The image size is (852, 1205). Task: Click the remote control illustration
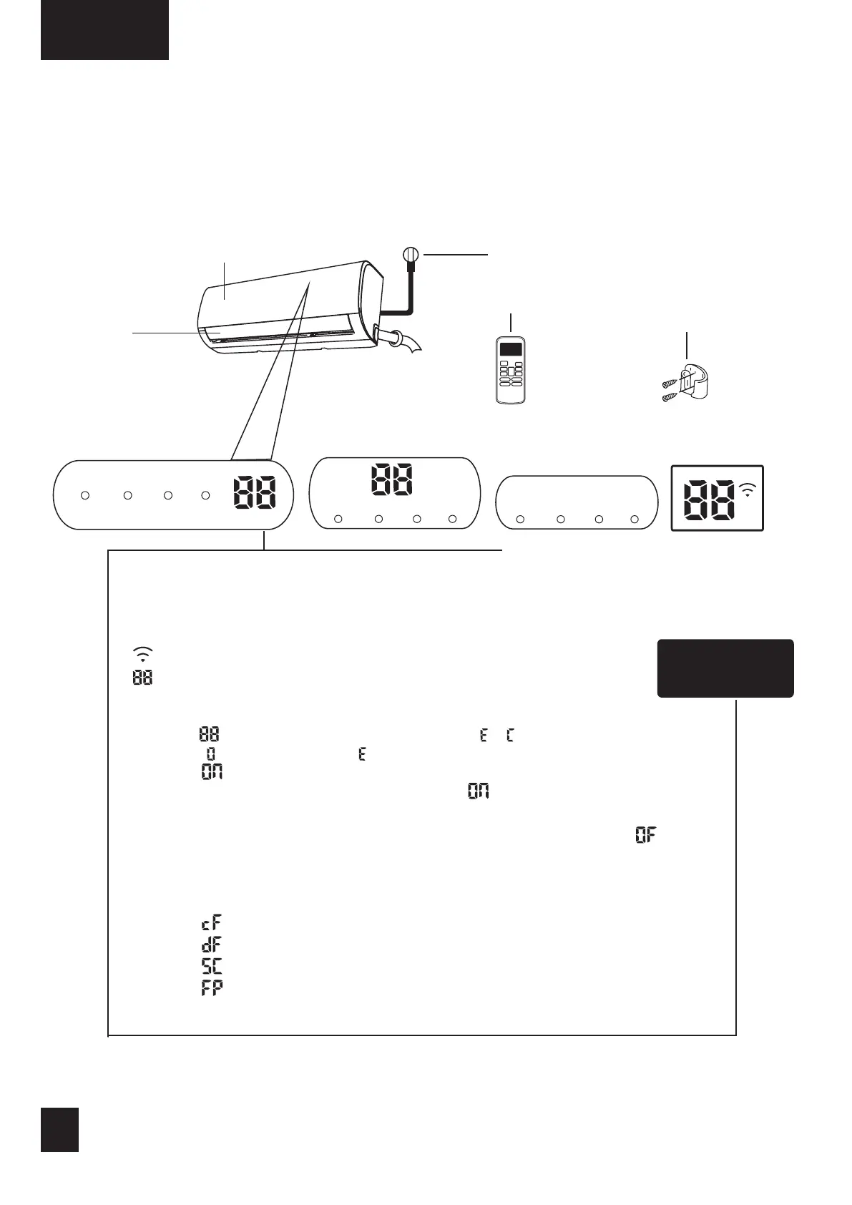(x=510, y=369)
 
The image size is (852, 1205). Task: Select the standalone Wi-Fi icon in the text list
(x=142, y=654)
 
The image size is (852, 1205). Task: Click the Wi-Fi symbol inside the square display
(x=747, y=490)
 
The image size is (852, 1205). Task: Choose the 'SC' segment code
(x=212, y=966)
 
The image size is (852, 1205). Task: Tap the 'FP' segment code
(x=212, y=987)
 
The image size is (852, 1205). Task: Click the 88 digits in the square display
(x=708, y=500)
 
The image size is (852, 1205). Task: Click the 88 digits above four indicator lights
(x=391, y=479)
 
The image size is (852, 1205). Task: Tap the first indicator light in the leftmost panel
(x=84, y=495)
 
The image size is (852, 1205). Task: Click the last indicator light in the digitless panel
(x=635, y=519)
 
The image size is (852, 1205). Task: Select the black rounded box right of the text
(x=725, y=668)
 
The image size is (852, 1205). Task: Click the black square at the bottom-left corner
(x=59, y=1130)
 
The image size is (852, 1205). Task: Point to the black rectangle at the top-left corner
(x=104, y=29)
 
